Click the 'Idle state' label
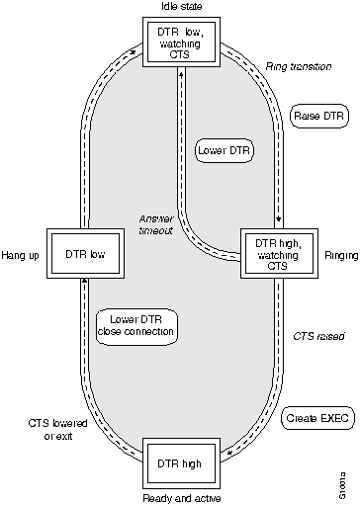point(179,7)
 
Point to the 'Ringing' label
point(334,255)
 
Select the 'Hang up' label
point(21,255)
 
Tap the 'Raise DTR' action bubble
point(315,116)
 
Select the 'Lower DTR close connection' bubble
point(136,324)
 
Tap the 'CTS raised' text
point(318,337)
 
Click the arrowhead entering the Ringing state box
point(280,222)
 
